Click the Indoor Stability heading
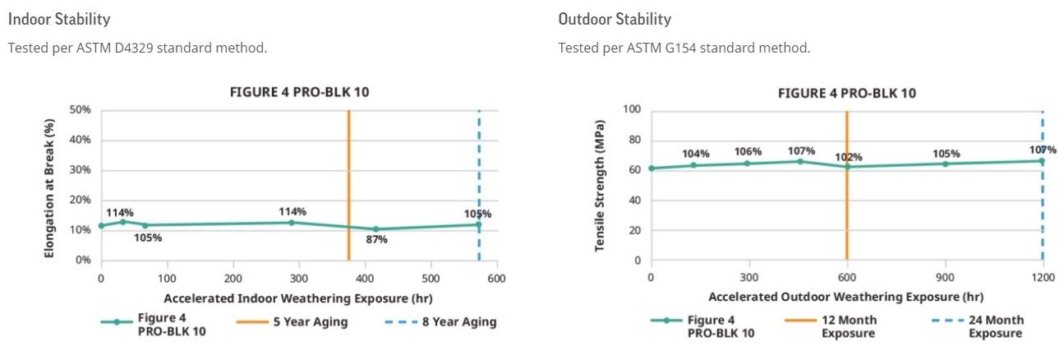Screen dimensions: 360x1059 coord(59,18)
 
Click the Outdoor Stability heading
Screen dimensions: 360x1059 coord(615,18)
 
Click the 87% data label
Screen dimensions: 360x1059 coord(376,240)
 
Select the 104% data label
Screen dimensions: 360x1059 coord(695,155)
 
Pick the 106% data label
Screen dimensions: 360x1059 coord(748,151)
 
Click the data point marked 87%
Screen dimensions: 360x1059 coord(375,229)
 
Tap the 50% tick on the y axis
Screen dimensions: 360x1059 coord(80,109)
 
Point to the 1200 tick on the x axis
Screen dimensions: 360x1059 coord(1042,278)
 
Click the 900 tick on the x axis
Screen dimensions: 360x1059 coord(945,278)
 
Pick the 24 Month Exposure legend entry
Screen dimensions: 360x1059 coord(995,326)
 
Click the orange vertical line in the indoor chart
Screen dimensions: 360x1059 coord(349,181)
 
